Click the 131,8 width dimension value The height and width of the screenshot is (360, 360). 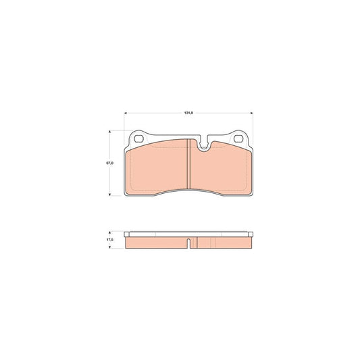(x=188, y=113)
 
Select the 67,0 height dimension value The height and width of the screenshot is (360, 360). (x=109, y=163)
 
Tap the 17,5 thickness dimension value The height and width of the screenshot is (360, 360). (x=109, y=240)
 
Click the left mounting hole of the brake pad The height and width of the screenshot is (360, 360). (x=138, y=138)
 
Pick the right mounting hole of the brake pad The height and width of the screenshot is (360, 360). (x=238, y=138)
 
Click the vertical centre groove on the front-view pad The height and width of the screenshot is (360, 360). (x=188, y=164)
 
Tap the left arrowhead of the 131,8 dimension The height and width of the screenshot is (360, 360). (x=126, y=113)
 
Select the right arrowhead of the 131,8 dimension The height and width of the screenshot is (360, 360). (x=251, y=113)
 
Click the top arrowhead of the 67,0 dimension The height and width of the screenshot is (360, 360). (x=109, y=132)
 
